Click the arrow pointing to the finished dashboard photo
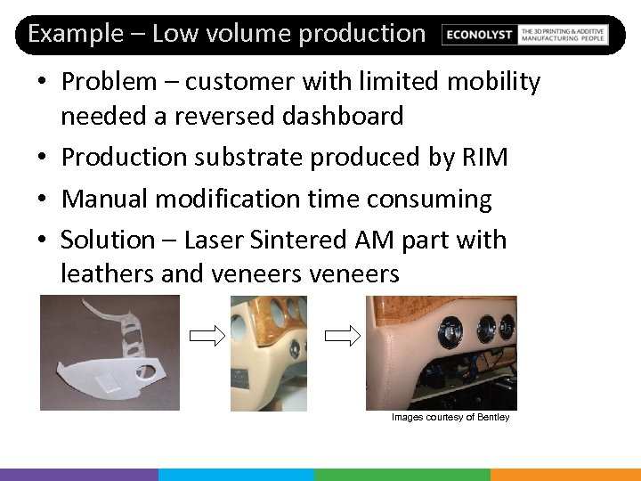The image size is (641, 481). coord(340,336)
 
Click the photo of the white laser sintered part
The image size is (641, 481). coord(110,353)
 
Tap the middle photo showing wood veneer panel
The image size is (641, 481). coord(269,353)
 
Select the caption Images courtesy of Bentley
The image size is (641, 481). coord(450,417)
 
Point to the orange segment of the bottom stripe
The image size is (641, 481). coord(565,474)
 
